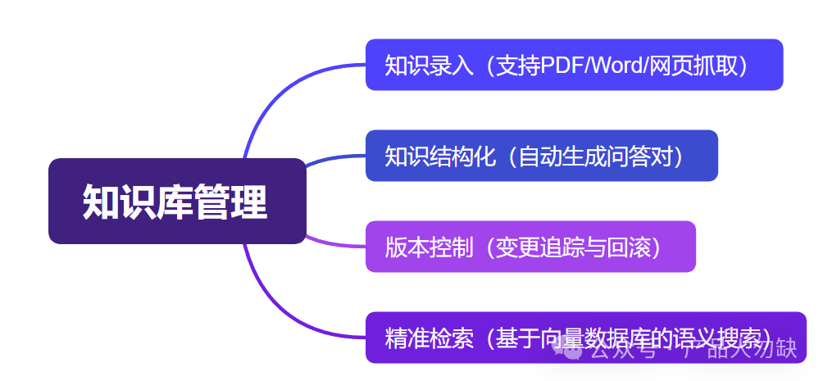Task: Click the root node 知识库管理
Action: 176,201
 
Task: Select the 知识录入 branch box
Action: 574,65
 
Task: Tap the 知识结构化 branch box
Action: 541,156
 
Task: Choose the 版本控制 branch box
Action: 530,247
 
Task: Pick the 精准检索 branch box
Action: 585,337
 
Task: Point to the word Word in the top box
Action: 619,66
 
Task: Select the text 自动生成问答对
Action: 594,156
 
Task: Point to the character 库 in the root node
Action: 176,201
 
